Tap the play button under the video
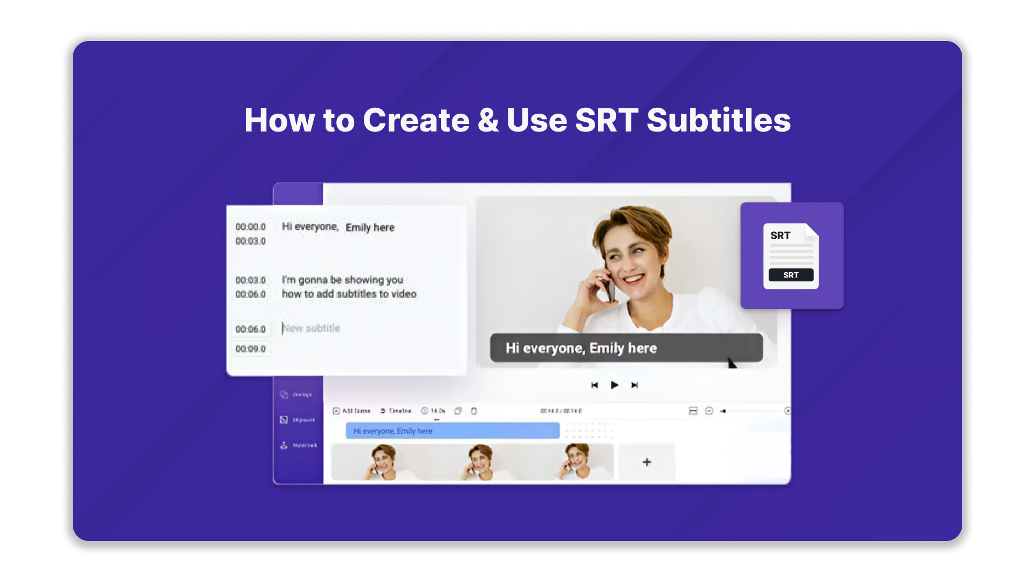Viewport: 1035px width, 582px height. coord(614,385)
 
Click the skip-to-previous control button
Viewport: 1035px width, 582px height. coord(595,385)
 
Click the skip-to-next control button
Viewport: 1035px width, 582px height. coord(634,385)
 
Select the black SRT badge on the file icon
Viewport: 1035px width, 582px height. coord(791,275)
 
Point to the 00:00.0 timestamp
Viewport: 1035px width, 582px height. coord(251,227)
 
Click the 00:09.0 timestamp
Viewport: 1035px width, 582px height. coord(251,349)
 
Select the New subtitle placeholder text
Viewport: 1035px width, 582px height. coord(312,328)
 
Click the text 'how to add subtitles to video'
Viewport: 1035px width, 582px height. coord(349,294)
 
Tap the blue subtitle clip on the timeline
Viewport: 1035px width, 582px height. coord(452,431)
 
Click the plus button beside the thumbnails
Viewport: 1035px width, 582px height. coord(646,462)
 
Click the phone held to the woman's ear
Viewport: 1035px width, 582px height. coord(611,288)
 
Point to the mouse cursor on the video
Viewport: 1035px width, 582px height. coord(731,363)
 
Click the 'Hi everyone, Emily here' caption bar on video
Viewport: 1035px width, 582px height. coord(626,348)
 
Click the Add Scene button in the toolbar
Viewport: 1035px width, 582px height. coord(351,411)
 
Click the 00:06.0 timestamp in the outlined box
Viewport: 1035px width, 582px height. coord(251,329)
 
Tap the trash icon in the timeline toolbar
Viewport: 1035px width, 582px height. coord(474,411)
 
